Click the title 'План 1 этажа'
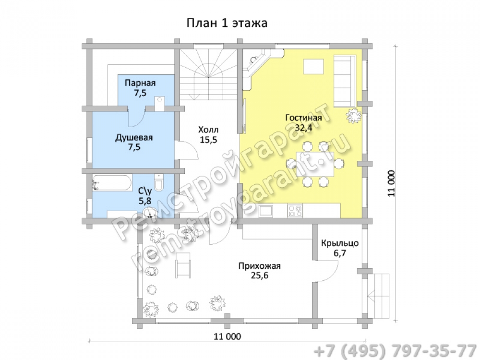click(x=227, y=23)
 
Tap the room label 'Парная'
click(x=140, y=83)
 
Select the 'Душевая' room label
click(x=134, y=138)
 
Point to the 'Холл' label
click(x=208, y=130)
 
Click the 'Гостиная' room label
click(x=303, y=118)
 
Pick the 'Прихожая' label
click(x=260, y=266)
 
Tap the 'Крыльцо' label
click(x=340, y=244)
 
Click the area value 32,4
click(x=303, y=128)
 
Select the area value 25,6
click(x=260, y=276)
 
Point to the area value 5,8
click(x=145, y=201)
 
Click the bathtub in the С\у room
click(x=112, y=183)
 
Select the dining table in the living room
click(x=315, y=164)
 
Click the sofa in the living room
click(x=345, y=81)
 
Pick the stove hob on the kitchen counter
click(x=295, y=211)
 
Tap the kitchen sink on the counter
click(x=266, y=211)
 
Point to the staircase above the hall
click(x=208, y=74)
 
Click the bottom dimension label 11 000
click(x=227, y=336)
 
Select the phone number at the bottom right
click(x=395, y=351)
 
